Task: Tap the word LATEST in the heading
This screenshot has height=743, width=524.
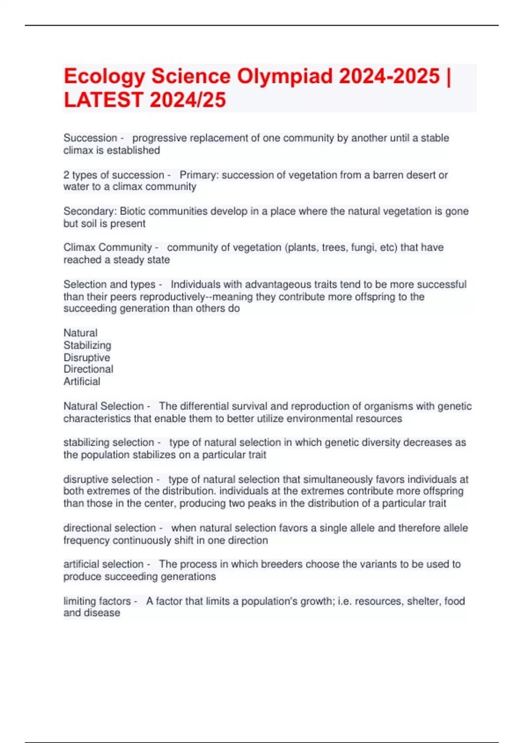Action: click(103, 100)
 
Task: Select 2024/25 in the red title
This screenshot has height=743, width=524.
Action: click(188, 100)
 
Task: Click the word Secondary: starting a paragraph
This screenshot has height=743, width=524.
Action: click(90, 211)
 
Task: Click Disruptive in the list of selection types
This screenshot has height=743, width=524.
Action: click(87, 357)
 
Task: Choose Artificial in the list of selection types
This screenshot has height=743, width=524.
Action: click(82, 381)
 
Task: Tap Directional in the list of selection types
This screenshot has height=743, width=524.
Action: click(88, 369)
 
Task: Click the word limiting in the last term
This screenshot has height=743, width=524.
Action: click(79, 601)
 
